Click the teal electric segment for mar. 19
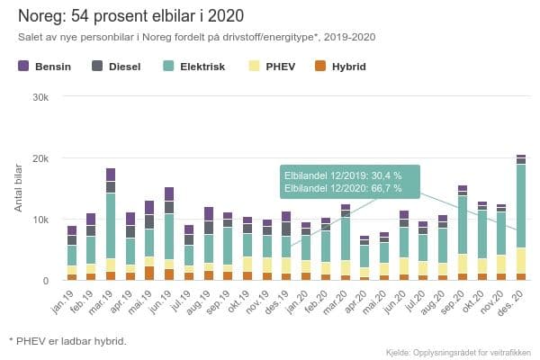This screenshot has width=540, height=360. pos(111,225)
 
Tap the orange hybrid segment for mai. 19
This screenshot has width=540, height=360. pos(149,273)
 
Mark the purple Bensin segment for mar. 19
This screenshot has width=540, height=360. pos(111,175)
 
